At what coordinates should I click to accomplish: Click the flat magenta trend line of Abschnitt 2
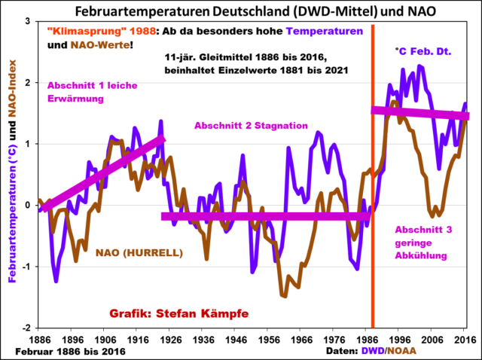coord(264,217)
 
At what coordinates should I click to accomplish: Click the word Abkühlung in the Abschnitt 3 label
coord(423,255)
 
